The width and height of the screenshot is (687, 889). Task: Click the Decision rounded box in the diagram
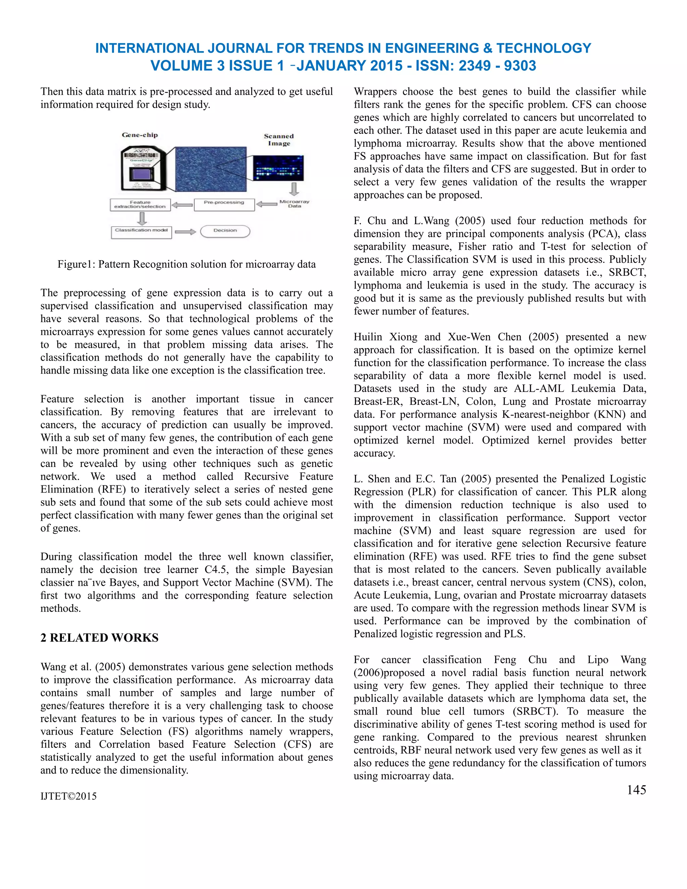225,231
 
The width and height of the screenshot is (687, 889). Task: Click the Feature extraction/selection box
140,204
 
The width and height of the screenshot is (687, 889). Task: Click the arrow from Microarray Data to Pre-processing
267,204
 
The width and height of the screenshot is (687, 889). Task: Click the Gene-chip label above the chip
140,135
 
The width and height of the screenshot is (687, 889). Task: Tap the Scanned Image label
279,140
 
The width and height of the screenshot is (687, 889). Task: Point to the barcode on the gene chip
141,155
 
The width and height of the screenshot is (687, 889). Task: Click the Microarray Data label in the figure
294,204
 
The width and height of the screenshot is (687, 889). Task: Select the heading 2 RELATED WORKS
99,637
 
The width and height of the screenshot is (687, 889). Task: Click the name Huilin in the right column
368,337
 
